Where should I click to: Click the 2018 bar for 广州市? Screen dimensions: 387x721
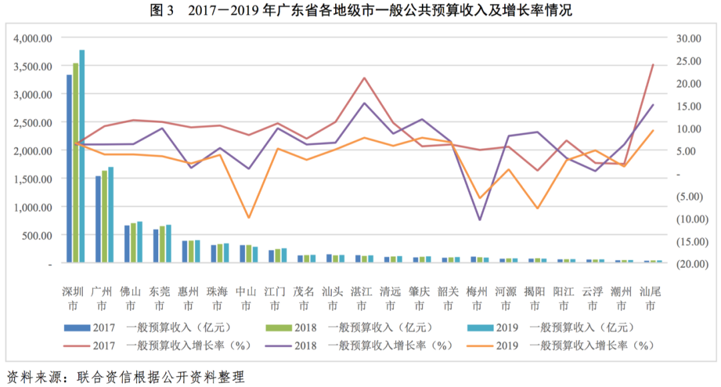coord(105,217)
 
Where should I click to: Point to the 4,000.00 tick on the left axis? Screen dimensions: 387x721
coord(33,39)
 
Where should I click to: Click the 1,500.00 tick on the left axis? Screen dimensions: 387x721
coord(33,179)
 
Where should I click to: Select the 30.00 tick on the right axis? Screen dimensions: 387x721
coord(687,39)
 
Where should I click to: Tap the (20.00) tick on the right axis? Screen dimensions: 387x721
coord(687,263)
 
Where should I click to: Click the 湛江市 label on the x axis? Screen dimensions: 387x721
coord(361,298)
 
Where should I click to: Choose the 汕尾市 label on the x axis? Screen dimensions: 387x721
coord(650,298)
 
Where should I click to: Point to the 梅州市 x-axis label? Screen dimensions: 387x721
coord(477,298)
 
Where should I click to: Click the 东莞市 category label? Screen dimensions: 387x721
coord(159,298)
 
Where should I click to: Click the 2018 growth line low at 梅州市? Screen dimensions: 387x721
coord(479,219)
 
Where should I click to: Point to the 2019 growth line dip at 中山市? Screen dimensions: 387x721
coord(248,218)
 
